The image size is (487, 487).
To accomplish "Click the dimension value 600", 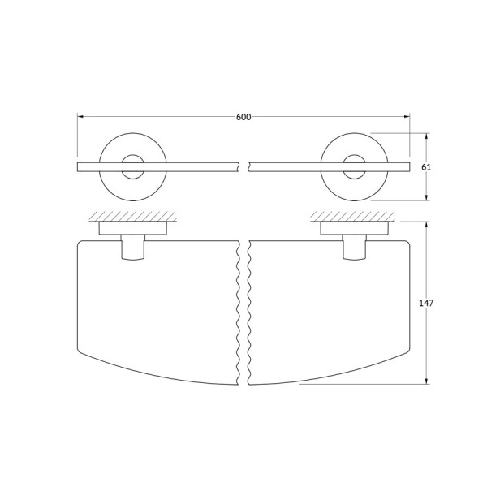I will [243, 117].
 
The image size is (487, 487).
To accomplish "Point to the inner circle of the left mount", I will [131, 168].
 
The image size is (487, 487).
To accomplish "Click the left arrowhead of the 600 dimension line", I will [80, 117].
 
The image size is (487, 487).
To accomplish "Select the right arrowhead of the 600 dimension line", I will [407, 117].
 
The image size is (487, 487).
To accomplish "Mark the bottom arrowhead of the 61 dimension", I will [427, 197].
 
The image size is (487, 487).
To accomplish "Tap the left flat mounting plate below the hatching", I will [134, 228].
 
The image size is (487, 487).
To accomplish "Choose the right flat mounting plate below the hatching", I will [354, 228].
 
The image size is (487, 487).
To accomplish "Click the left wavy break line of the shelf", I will [239, 312].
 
